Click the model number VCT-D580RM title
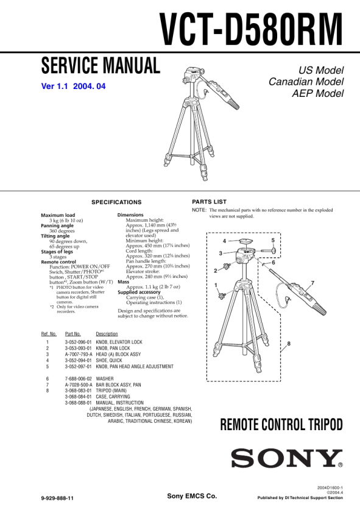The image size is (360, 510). pos(251,30)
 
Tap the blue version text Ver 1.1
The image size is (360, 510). pos(54,86)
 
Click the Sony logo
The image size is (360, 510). pos(287,458)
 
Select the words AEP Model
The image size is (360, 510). pos(317,93)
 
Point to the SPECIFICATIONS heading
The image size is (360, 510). pos(116,202)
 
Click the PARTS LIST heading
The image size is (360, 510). pos(210,202)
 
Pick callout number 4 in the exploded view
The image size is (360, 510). pos(224,241)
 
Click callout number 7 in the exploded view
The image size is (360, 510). pos(312,283)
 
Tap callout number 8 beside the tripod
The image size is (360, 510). pos(289,344)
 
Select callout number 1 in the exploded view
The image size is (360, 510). pos(216,285)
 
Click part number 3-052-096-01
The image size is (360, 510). pos(79,342)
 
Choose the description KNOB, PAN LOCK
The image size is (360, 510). pos(113,348)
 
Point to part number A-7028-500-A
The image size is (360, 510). pos(79,384)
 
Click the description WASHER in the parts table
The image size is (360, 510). pos(105,378)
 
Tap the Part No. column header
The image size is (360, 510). pos(73,334)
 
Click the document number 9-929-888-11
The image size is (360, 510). pos(57,498)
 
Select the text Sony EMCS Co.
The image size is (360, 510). pos(192,496)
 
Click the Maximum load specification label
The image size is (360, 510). pos(58,215)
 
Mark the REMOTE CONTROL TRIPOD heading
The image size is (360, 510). pos(281,425)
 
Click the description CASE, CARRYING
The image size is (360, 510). pos(113,397)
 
